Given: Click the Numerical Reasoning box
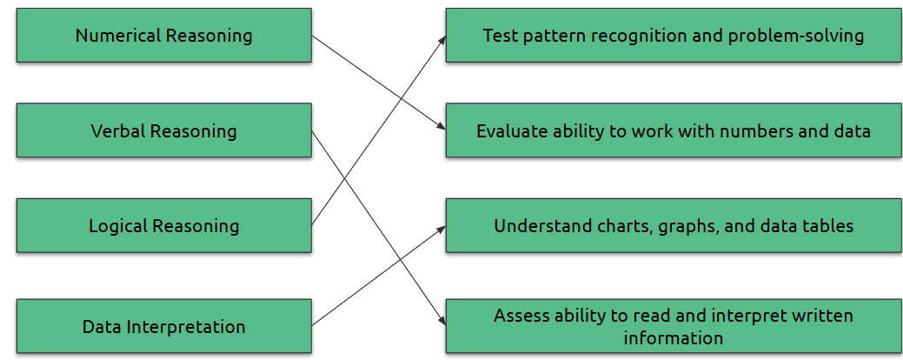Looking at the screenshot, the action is [164, 35].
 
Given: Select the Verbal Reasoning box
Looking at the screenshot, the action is [164, 130].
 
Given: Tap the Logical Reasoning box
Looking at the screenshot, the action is [164, 225].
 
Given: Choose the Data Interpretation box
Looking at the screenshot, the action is [164, 326].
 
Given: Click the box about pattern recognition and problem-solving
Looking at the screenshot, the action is [674, 35].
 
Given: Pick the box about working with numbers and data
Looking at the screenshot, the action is [674, 130].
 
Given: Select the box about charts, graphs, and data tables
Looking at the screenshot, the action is [674, 225].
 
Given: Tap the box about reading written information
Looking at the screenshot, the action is [674, 326].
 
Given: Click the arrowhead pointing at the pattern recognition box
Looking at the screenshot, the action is [442, 40].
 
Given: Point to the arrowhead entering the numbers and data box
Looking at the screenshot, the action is [442, 127].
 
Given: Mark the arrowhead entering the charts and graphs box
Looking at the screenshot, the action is [442, 230].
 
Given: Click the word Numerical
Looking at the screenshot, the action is [118, 36].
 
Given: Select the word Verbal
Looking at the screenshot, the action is [118, 130].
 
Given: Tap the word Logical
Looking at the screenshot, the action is [117, 226].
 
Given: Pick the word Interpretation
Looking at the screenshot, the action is [186, 327].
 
